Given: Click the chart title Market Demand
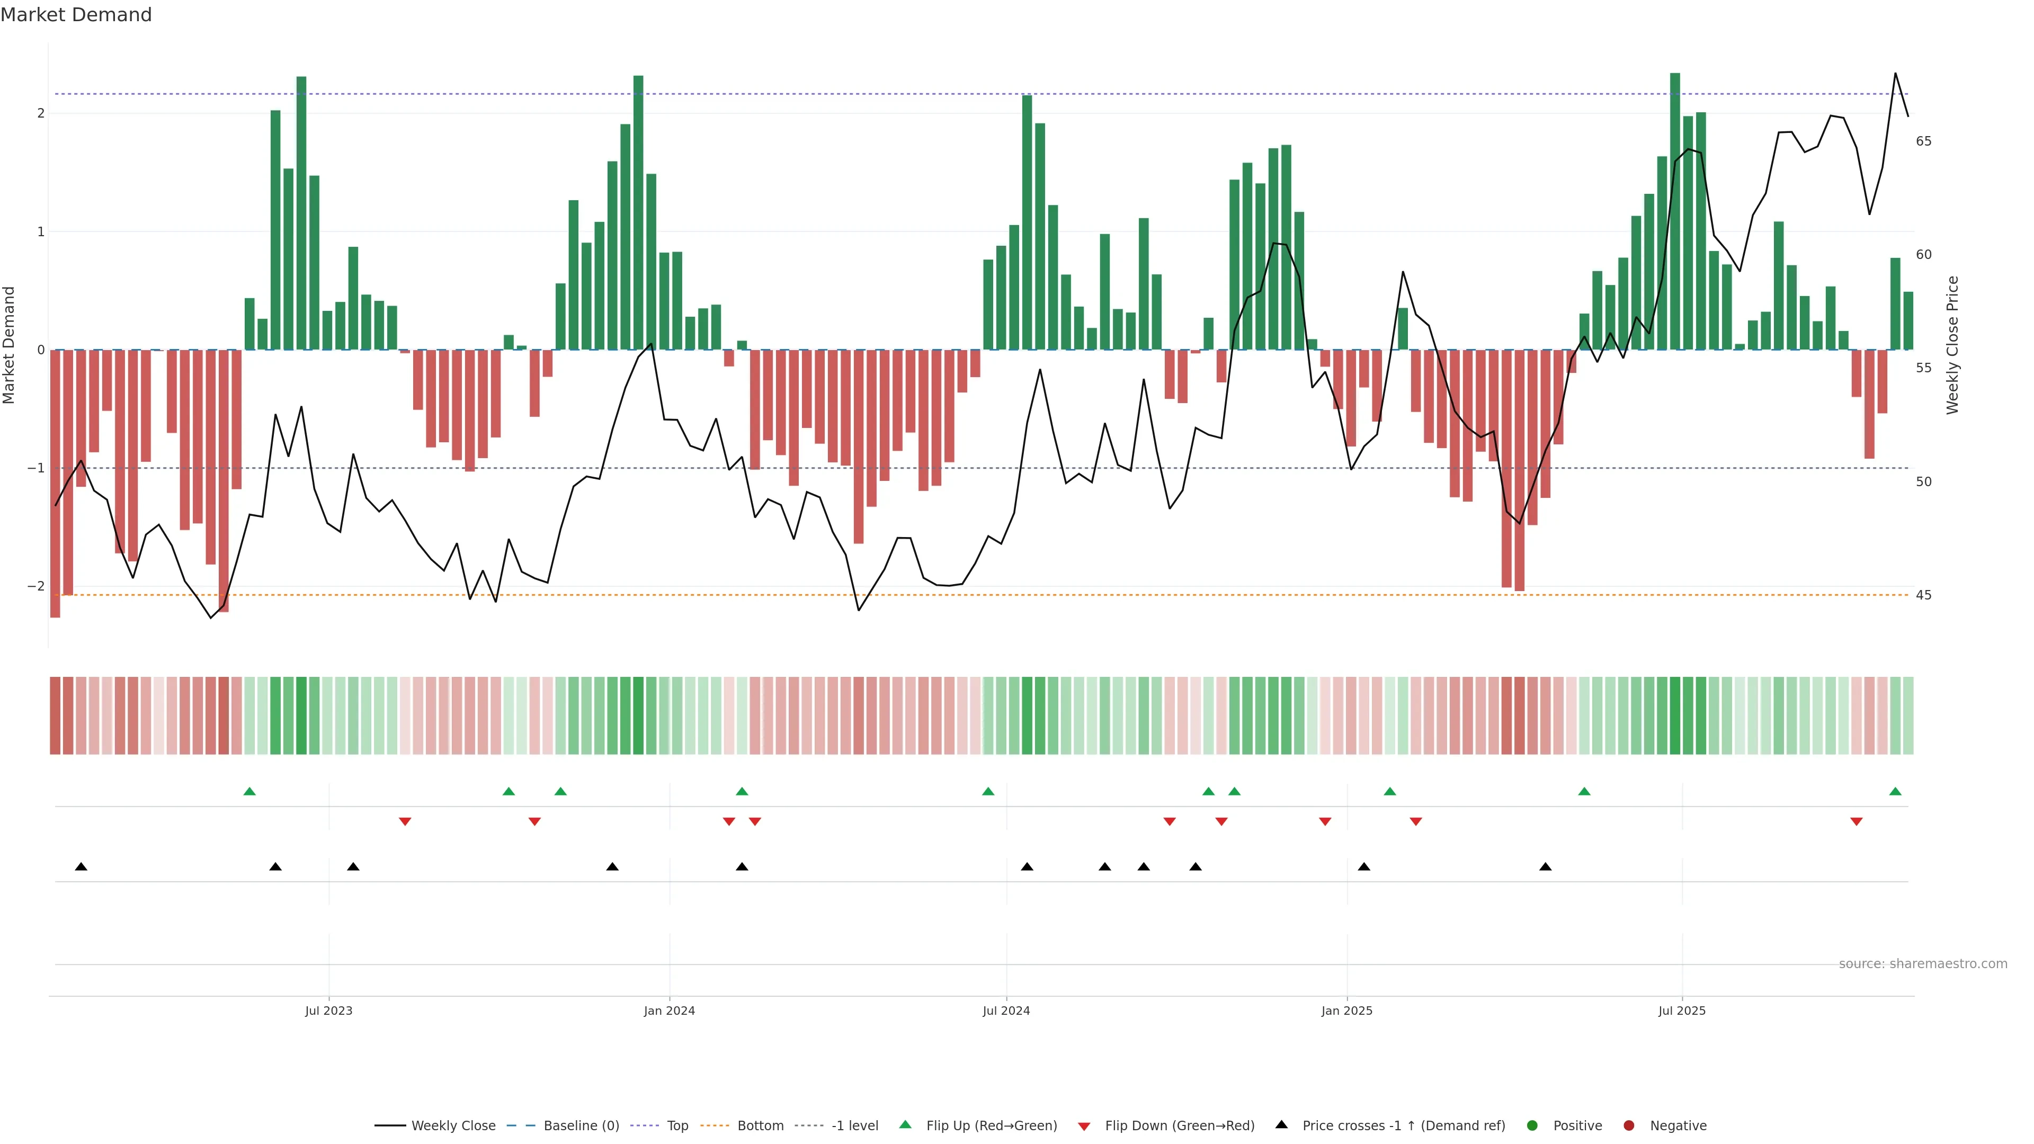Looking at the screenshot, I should point(76,15).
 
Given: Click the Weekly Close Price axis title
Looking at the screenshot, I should point(1952,345).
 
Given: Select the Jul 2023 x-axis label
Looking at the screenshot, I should point(328,1011).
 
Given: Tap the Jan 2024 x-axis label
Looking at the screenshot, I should point(669,1011).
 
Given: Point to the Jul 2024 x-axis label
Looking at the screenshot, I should point(1006,1011).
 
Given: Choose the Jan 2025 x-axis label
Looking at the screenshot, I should point(1346,1011).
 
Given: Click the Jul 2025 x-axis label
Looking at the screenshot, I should point(1682,1011).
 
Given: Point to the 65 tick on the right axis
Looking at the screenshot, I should point(1923,141).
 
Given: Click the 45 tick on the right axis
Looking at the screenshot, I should point(1923,595).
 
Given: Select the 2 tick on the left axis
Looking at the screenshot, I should point(40,113).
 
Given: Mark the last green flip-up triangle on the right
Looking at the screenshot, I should point(1895,791).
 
